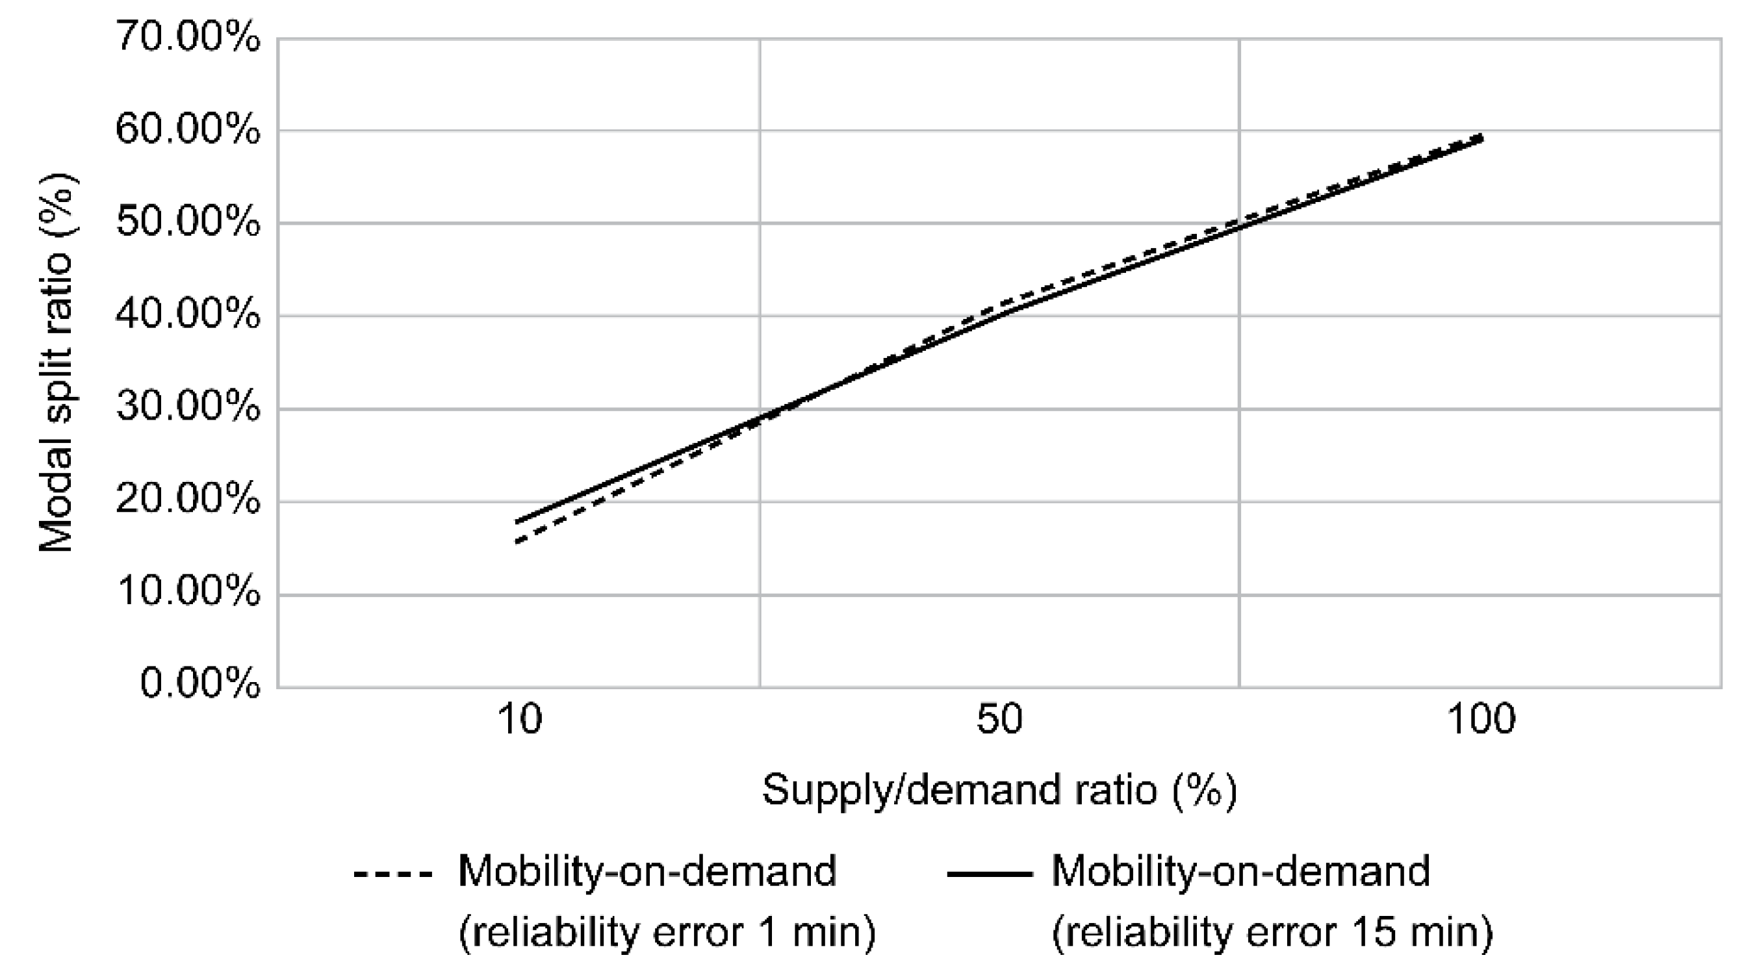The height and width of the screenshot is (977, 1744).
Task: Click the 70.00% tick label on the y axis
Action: point(188,37)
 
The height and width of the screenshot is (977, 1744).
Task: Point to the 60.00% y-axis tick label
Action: point(188,129)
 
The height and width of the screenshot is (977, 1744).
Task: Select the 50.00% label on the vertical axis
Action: point(188,222)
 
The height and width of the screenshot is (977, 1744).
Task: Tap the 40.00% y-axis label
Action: point(188,316)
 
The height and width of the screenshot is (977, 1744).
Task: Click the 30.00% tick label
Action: point(188,408)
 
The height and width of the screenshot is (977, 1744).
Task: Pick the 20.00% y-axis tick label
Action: point(188,501)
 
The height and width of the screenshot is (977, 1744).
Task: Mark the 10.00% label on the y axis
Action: point(188,594)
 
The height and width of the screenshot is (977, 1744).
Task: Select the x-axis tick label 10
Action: point(519,720)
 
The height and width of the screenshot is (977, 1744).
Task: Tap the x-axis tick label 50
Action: point(999,720)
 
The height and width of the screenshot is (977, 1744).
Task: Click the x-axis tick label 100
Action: point(1481,720)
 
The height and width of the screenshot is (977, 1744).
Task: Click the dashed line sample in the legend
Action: point(392,874)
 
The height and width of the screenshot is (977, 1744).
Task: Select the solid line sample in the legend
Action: point(989,874)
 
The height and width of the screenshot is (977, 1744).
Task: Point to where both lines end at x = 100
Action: point(1481,138)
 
